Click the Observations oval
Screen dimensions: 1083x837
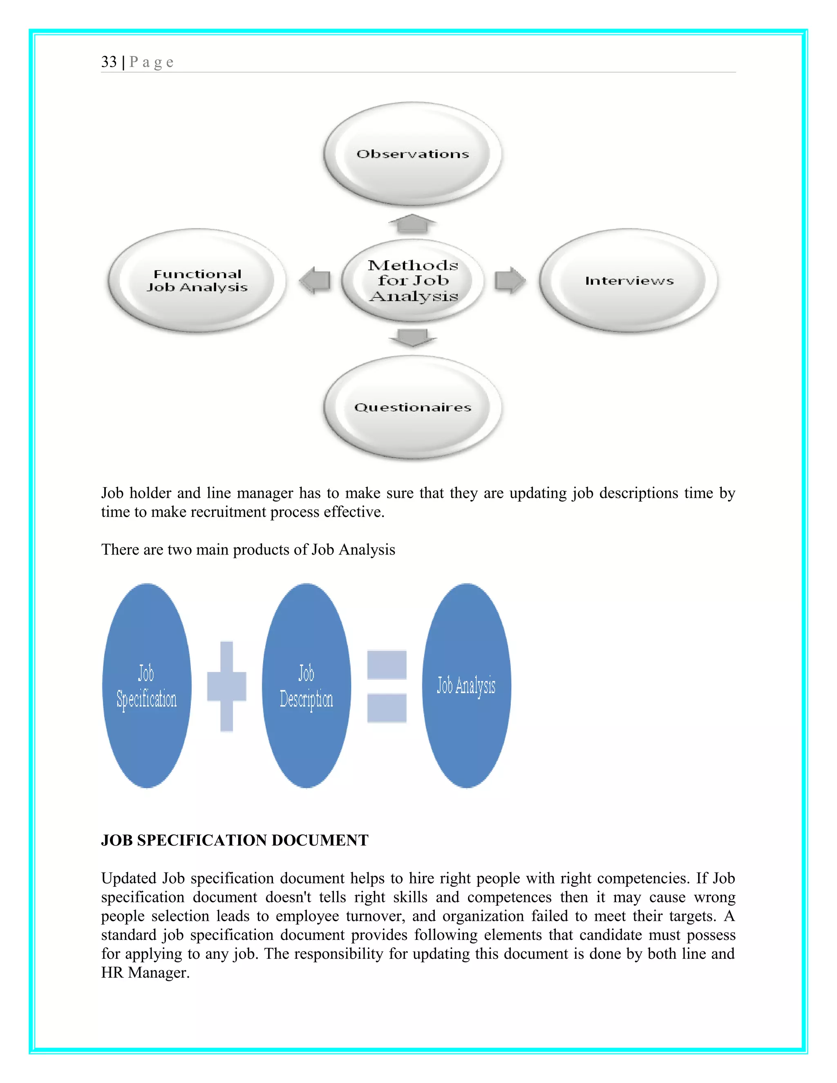tap(412, 154)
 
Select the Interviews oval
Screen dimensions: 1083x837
tap(629, 281)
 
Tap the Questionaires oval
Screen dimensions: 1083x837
tap(412, 407)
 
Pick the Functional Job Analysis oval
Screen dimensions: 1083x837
tap(197, 281)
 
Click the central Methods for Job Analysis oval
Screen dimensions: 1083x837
tap(412, 281)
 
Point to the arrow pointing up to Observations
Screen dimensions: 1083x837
tap(412, 224)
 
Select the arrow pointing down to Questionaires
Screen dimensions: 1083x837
tap(412, 337)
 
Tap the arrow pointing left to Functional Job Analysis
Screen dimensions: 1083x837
tap(316, 280)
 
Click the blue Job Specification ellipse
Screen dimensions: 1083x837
tap(147, 686)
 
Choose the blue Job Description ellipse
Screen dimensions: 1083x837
tap(307, 686)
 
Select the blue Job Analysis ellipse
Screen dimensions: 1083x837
tap(466, 686)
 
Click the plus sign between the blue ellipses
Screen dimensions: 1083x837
tap(226, 686)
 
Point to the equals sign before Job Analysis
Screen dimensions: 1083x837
tap(387, 686)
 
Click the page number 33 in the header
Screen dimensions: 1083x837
tap(109, 62)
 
